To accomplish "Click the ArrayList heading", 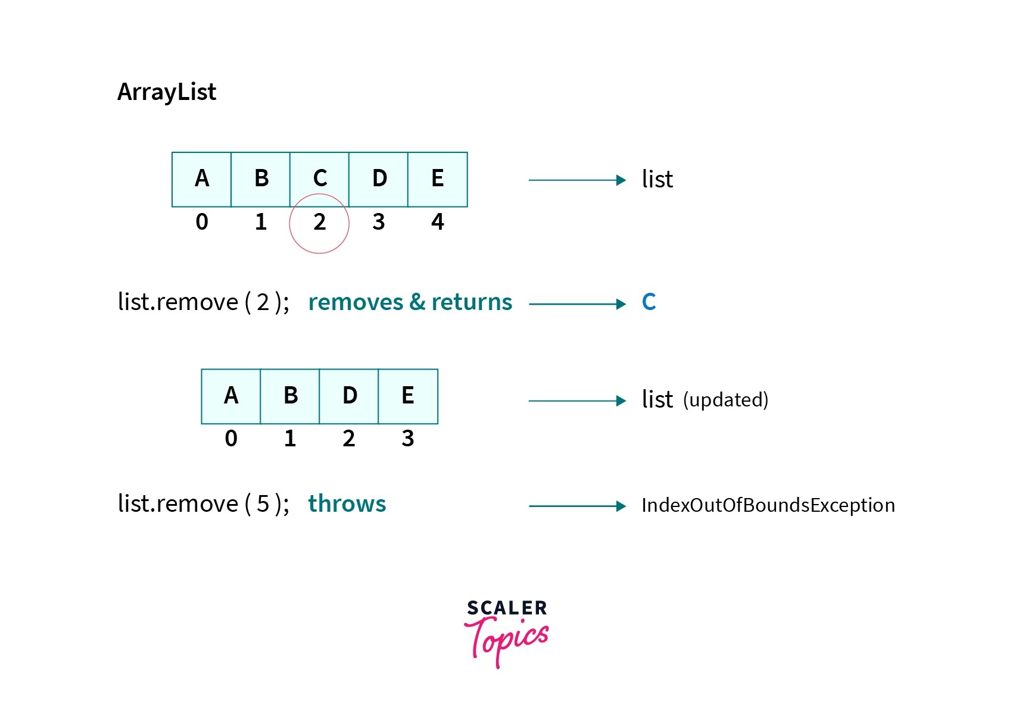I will (x=167, y=92).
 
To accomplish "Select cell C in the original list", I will (x=320, y=179).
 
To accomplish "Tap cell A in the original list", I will (x=202, y=179).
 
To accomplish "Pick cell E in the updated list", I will (x=408, y=396).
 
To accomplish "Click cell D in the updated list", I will (x=350, y=396).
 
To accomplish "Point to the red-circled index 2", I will (x=320, y=223).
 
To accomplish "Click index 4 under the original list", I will (x=438, y=223).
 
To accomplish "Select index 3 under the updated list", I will (x=408, y=439).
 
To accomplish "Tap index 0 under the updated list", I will (x=231, y=439).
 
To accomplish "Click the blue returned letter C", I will (x=649, y=302).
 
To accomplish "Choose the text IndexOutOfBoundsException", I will (x=768, y=505).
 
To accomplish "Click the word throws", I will (x=347, y=504).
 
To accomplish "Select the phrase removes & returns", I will (x=410, y=302).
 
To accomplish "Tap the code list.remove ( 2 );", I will (x=204, y=302).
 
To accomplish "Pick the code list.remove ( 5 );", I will (x=204, y=504).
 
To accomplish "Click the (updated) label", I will (x=726, y=400).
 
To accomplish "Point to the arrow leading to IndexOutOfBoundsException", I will (x=577, y=506).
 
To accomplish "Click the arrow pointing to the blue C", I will (x=577, y=304).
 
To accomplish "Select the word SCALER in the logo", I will (x=507, y=608).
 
